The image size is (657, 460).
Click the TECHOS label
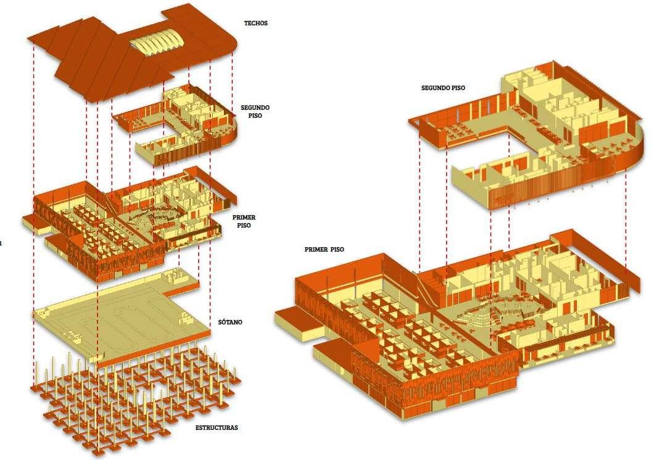tap(255, 23)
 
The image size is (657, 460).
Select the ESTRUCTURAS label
tap(217, 427)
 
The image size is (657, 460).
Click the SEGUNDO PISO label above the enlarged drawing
tap(443, 88)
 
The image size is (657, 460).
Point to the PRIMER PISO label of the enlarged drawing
tap(324, 250)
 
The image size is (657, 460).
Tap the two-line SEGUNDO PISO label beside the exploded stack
tap(255, 111)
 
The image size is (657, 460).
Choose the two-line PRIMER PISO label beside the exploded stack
tap(244, 221)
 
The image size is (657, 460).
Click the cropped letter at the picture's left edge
tap(1, 243)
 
